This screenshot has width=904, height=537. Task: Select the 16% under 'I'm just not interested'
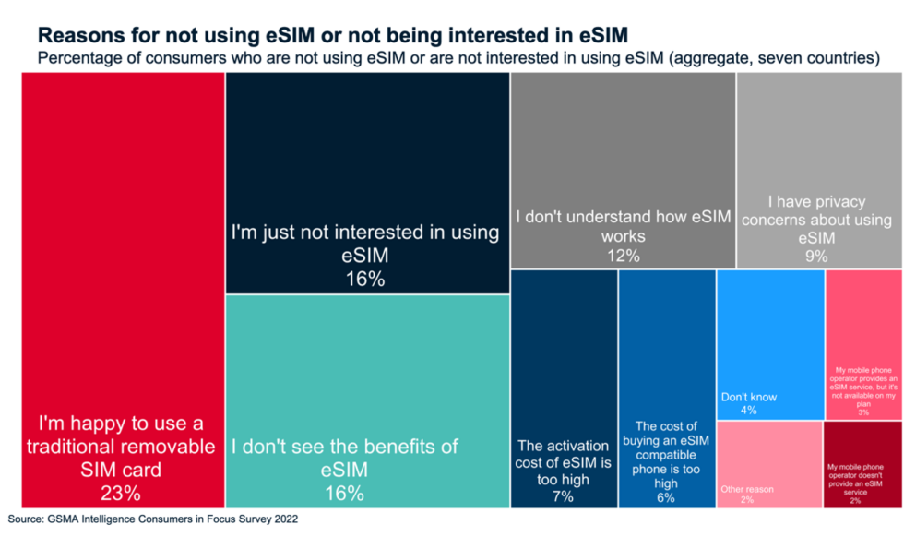(365, 279)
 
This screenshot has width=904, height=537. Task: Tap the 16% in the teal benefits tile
(345, 494)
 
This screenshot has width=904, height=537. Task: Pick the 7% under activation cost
(563, 496)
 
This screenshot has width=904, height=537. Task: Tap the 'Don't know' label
(748, 397)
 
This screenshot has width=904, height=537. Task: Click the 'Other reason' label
(747, 489)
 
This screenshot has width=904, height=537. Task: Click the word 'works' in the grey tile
(623, 236)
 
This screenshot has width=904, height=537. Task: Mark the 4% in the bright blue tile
(748, 410)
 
